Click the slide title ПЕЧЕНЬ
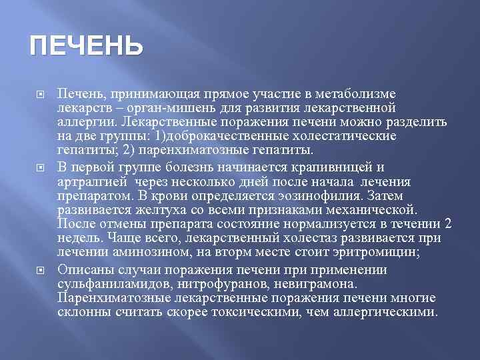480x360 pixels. pyautogui.click(x=86, y=47)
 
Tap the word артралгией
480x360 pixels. pyautogui.click(x=93, y=181)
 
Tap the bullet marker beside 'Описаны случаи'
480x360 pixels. pyautogui.click(x=39, y=270)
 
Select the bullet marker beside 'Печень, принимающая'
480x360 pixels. pyautogui.click(x=39, y=93)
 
